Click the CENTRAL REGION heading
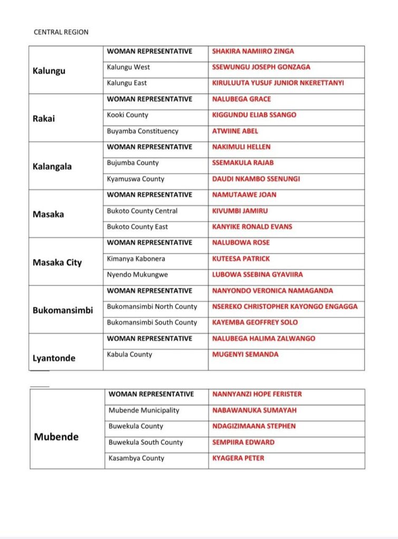[x=61, y=32]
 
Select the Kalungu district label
[x=49, y=71]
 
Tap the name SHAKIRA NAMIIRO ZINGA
[x=253, y=52]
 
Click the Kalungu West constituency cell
[x=128, y=67]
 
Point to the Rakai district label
[x=44, y=118]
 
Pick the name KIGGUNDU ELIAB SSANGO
[x=254, y=115]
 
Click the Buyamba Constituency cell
[x=142, y=131]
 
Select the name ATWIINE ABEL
[x=235, y=131]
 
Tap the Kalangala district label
[x=52, y=166]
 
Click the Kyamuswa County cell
[x=135, y=179]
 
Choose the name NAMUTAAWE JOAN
[x=244, y=195]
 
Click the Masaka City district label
[x=57, y=262]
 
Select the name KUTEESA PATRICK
[x=241, y=259]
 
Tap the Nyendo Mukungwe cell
[x=134, y=275]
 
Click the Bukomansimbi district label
[x=63, y=310]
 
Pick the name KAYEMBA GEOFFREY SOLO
[x=255, y=323]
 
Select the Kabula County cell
[x=129, y=355]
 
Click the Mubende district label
[x=56, y=437]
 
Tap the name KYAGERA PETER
[x=238, y=458]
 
